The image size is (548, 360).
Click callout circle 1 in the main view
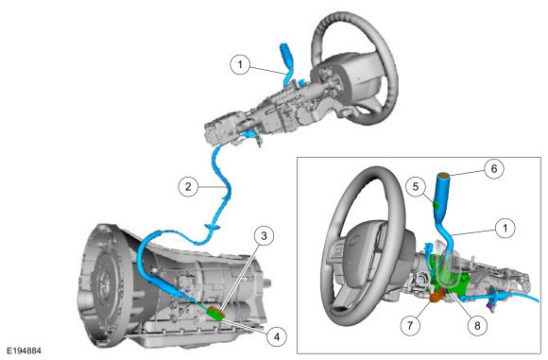pos(240,64)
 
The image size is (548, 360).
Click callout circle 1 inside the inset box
pos(505,228)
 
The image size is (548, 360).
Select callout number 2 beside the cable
pos(188,186)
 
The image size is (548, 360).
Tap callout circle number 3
pos(264,236)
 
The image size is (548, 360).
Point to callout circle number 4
pos(277,336)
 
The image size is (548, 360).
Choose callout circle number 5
pos(416,186)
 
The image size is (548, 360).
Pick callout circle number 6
pos(494,168)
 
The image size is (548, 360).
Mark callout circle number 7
pos(410,325)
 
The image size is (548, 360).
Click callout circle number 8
pos(477,325)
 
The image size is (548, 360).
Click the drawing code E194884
pos(25,351)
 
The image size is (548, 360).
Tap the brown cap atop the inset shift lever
pos(443,176)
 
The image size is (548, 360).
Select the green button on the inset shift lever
pos(436,204)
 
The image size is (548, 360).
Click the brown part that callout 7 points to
pos(437,297)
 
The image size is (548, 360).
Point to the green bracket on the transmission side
pos(215,313)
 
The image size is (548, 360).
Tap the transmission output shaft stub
pos(267,283)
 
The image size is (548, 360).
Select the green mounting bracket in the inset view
pos(451,276)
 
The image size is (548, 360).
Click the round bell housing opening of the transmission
pos(105,283)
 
